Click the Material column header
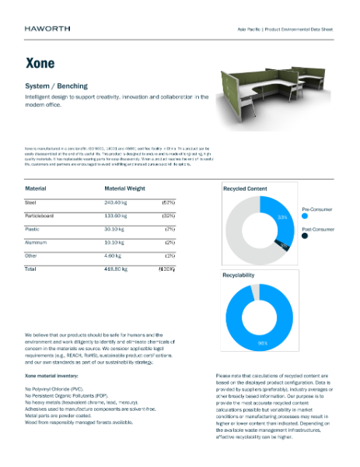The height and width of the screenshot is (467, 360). (36, 188)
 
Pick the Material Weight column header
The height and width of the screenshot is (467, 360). (125, 188)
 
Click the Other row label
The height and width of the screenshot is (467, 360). (32, 255)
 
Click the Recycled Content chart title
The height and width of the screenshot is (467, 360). (245, 188)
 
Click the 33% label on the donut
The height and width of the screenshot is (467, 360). (284, 216)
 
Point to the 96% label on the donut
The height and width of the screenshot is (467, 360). (263, 342)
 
